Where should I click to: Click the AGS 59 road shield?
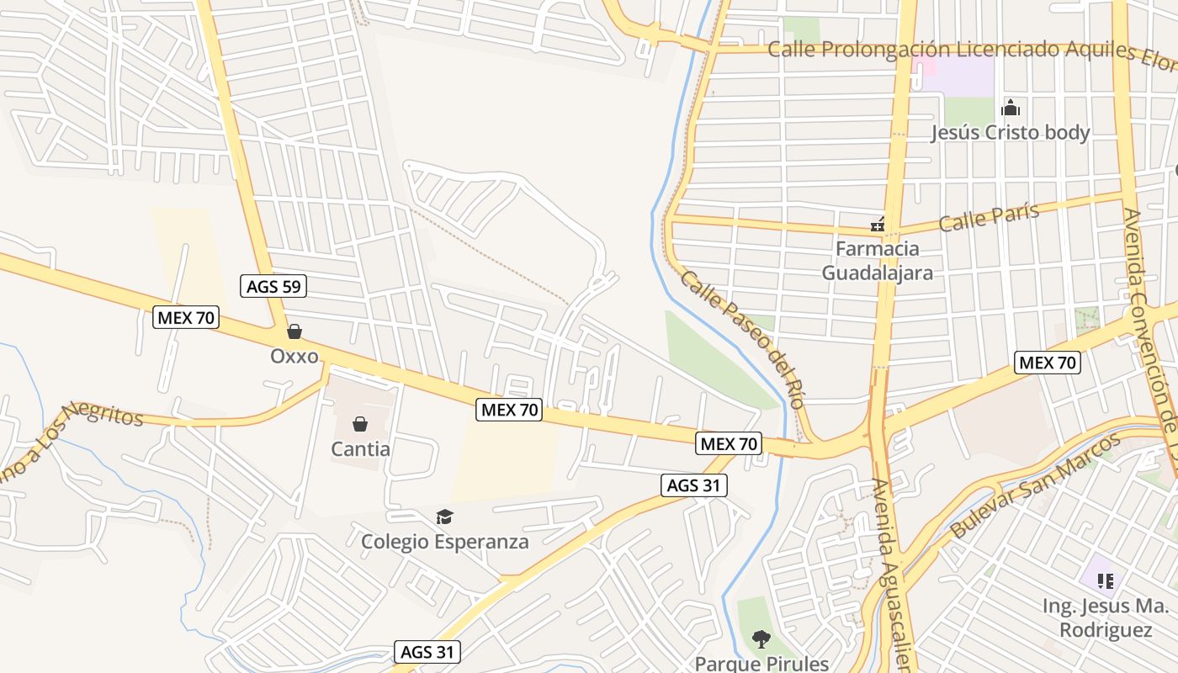click(273, 286)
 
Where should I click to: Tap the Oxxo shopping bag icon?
click(294, 331)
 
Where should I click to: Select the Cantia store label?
click(360, 448)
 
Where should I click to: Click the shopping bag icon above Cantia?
click(360, 423)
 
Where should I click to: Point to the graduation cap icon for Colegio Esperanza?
click(444, 517)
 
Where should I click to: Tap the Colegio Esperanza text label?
click(445, 541)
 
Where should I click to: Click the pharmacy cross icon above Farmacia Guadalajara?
click(878, 225)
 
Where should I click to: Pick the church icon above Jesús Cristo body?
click(1011, 108)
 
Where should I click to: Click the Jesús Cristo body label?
click(1010, 132)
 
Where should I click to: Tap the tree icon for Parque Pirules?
click(761, 639)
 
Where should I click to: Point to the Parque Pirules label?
click(761, 663)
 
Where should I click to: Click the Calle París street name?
click(989, 218)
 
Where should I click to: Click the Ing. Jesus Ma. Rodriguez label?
click(1105, 617)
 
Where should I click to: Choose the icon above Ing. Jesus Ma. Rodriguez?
click(1106, 580)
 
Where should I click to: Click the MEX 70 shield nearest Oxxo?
click(187, 317)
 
